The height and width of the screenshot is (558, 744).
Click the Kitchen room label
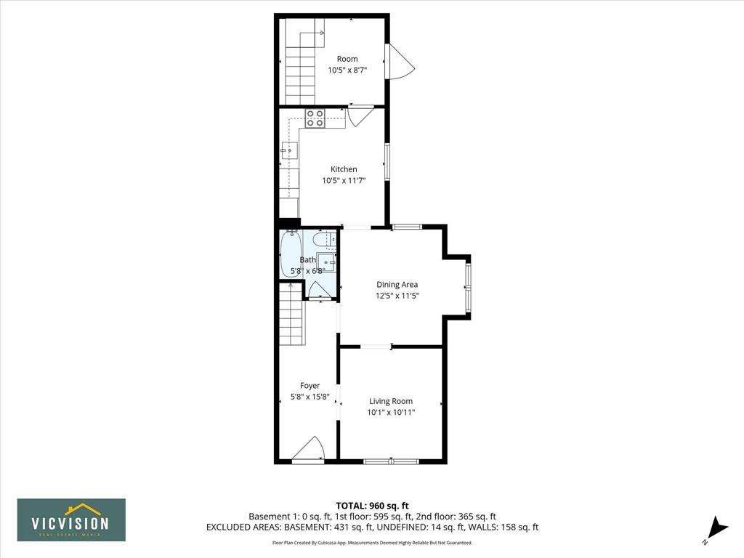pos(344,169)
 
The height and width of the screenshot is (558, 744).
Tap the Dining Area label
pos(397,285)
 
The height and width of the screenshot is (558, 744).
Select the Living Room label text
pos(391,401)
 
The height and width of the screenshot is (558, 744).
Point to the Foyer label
pos(310,386)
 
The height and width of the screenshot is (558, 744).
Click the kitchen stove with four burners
pos(315,118)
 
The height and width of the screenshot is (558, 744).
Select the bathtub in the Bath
pos(291,254)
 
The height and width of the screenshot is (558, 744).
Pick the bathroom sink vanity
pos(326,262)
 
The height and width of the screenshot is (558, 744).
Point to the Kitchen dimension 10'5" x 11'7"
pos(344,180)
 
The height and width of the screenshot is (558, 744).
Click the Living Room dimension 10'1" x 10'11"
pos(391,413)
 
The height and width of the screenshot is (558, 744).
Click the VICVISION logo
pos(71,519)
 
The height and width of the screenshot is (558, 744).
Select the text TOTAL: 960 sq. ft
pos(372,506)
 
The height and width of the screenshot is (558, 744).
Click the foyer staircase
pos(291,314)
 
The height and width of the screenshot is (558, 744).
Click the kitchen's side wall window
pos(387,161)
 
